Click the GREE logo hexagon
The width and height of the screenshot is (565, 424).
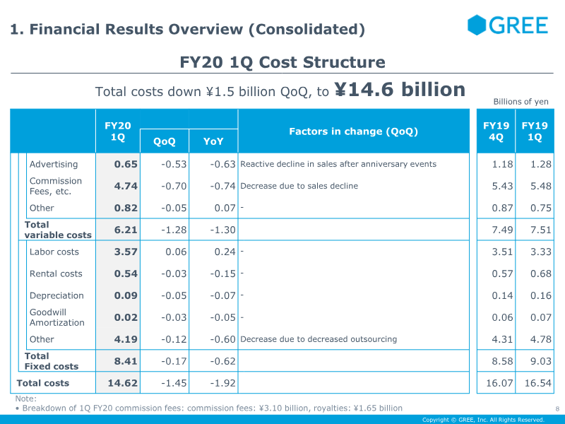[476, 25]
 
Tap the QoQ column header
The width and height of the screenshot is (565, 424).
[165, 141]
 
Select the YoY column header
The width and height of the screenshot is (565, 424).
[213, 141]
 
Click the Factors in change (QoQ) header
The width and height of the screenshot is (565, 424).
[354, 131]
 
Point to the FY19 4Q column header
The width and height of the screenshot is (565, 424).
[496, 131]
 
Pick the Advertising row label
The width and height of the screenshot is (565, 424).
[54, 165]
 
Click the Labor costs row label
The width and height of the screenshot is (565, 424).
[54, 252]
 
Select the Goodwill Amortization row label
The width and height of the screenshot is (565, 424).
[57, 317]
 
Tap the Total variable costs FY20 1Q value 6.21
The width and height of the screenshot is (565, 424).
[126, 230]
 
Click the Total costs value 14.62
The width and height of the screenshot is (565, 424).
[122, 383]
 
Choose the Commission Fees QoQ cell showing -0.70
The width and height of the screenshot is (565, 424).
[174, 186]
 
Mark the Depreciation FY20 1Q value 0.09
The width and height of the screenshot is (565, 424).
[126, 295]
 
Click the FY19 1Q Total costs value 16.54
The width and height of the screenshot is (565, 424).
[537, 383]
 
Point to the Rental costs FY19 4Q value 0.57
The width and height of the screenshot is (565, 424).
[502, 273]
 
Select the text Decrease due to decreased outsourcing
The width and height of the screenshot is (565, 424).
[319, 339]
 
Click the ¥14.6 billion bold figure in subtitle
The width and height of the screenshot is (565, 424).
[400, 90]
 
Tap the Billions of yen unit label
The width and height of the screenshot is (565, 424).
[521, 102]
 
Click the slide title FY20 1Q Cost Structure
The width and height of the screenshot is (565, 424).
[282, 62]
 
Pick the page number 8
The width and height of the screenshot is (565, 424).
[557, 409]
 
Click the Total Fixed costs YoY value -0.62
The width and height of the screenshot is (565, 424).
[222, 361]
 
